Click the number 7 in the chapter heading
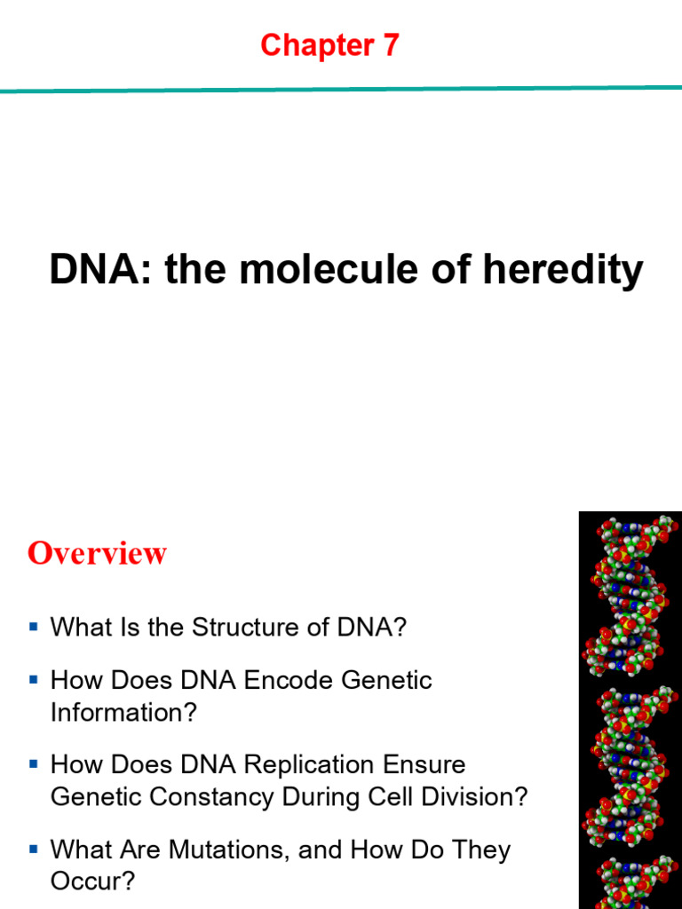(390, 46)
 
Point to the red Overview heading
(97, 553)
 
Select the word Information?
(123, 713)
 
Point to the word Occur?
(92, 881)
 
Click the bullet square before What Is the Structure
(34, 627)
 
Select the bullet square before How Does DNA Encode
(34, 680)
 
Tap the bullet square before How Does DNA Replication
(34, 763)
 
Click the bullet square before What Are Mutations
(34, 849)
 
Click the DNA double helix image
(630, 710)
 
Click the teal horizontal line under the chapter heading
(341, 89)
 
